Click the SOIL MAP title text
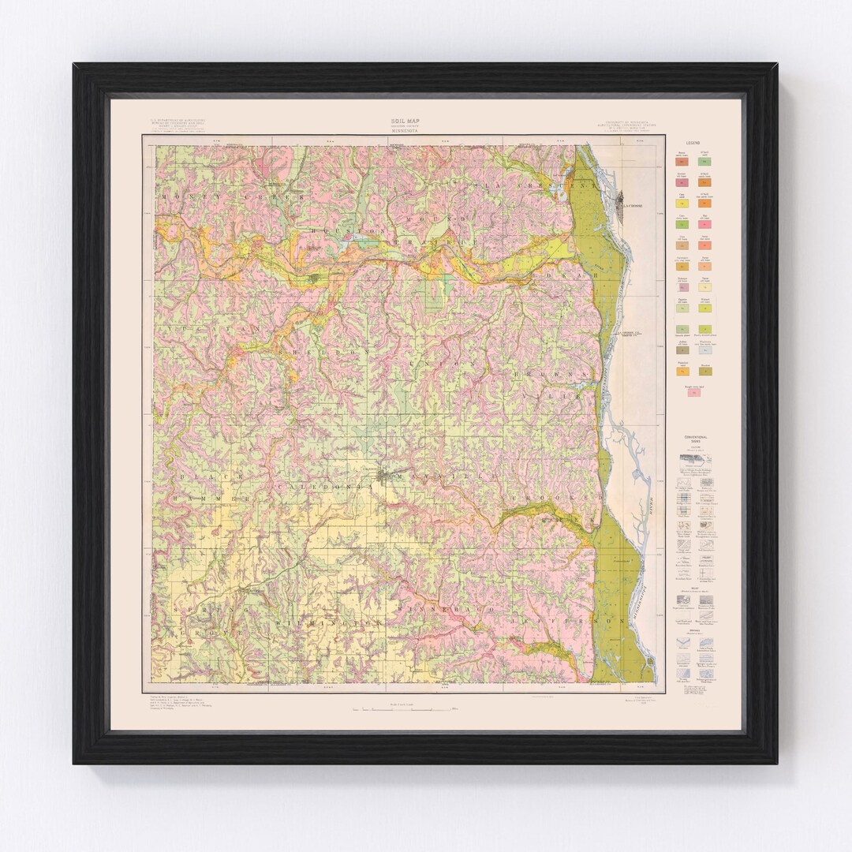pos(405,120)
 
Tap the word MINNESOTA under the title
pos(405,130)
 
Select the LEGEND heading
pos(693,143)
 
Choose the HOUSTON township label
pos(347,230)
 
